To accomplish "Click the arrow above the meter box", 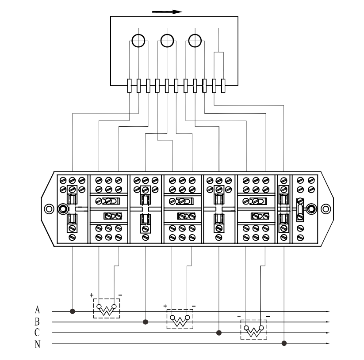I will pos(167,12).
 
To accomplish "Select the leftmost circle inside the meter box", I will pos(138,41).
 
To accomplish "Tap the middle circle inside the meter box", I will pos(167,41).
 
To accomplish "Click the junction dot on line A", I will pos(73,311).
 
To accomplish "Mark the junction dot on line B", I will pos(146,322).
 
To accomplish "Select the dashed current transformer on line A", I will pos(107,308).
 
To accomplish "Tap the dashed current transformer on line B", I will pos(180,319).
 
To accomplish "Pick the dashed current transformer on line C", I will pos(254,330).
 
